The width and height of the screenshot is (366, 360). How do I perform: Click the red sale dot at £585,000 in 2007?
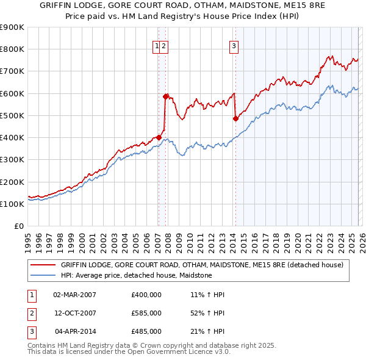[x=165, y=96]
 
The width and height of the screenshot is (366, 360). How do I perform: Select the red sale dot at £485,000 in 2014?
[x=235, y=119]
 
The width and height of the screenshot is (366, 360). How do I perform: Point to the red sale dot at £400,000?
[x=159, y=137]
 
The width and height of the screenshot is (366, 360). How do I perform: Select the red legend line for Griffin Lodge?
[x=43, y=265]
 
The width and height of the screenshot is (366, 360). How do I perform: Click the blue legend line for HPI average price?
[x=43, y=276]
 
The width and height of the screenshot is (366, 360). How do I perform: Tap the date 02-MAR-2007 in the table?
[x=74, y=295]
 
